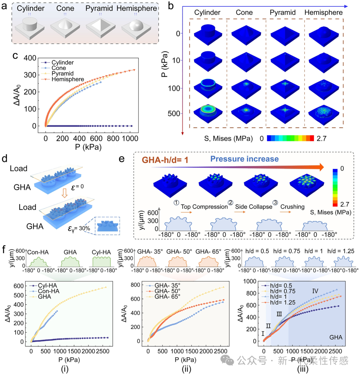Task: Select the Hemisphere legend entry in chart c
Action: pyautogui.click(x=63, y=79)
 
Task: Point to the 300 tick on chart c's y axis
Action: pyautogui.click(x=30, y=75)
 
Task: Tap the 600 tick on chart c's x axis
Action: pyautogui.click(x=96, y=138)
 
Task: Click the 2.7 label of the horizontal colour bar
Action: pyautogui.click(x=322, y=138)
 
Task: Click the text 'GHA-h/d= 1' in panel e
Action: pyautogui.click(x=165, y=160)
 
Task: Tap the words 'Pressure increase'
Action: pyautogui.click(x=244, y=159)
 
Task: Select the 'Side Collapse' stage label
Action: pyautogui.click(x=254, y=207)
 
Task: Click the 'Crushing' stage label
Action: pyautogui.click(x=292, y=207)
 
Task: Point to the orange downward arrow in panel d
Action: pyautogui.click(x=64, y=193)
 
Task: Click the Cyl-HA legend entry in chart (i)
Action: pyautogui.click(x=43, y=286)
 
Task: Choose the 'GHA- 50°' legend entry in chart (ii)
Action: pyautogui.click(x=164, y=291)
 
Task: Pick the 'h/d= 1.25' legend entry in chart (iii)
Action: pyautogui.click(x=279, y=303)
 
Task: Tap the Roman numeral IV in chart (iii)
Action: pyautogui.click(x=315, y=291)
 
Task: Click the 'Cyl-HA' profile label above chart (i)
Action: pyautogui.click(x=101, y=252)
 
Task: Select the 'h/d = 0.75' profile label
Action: pyautogui.click(x=287, y=251)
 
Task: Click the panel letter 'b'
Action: pyautogui.click(x=171, y=6)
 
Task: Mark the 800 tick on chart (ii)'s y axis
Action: pyautogui.click(x=135, y=285)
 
